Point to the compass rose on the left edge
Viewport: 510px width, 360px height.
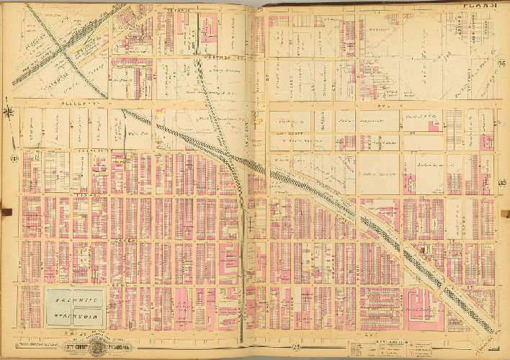pyautogui.click(x=9, y=112)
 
